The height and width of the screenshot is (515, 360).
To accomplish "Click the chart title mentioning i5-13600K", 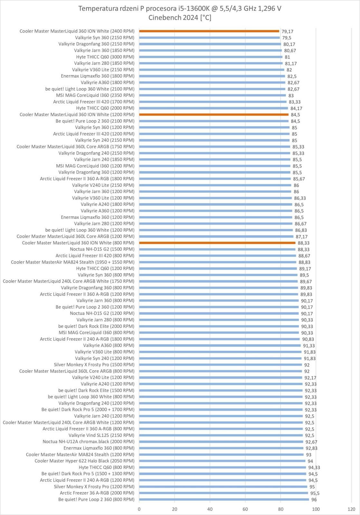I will click(180, 9).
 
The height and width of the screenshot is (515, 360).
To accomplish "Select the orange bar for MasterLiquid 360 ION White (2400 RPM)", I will click(209, 31).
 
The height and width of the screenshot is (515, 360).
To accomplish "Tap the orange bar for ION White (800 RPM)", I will click(217, 243).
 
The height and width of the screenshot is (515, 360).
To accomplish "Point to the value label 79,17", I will click(287, 32).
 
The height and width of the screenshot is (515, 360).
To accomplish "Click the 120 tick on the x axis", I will click(351, 509).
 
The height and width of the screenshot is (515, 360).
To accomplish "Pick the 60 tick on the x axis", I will click(245, 509).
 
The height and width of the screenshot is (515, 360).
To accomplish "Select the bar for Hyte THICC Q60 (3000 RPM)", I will click(211, 57).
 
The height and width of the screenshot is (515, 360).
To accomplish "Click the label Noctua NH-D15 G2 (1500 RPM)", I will click(102, 249).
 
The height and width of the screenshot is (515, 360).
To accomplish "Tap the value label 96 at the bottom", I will click(314, 500).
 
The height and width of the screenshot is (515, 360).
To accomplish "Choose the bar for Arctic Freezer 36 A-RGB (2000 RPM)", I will click(223, 493).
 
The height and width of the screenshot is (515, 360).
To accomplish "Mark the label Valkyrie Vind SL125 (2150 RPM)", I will click(101, 435).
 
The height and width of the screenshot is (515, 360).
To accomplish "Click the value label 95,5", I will click(315, 493).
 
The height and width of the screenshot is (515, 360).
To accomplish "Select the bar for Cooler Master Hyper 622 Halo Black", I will click(222, 461).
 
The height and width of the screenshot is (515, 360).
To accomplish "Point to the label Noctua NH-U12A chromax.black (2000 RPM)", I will click(89, 442).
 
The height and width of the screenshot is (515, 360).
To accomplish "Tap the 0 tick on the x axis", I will click(139, 509).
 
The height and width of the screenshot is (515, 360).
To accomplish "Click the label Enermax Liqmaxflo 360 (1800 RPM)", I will click(98, 76).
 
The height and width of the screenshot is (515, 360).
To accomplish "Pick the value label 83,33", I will click(295, 102).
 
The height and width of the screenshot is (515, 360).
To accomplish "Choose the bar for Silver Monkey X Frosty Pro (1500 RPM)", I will click(221, 365).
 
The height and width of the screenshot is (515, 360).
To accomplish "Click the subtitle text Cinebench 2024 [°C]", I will click(180, 18).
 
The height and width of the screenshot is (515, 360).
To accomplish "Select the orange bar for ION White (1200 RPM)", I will click(214, 115).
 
